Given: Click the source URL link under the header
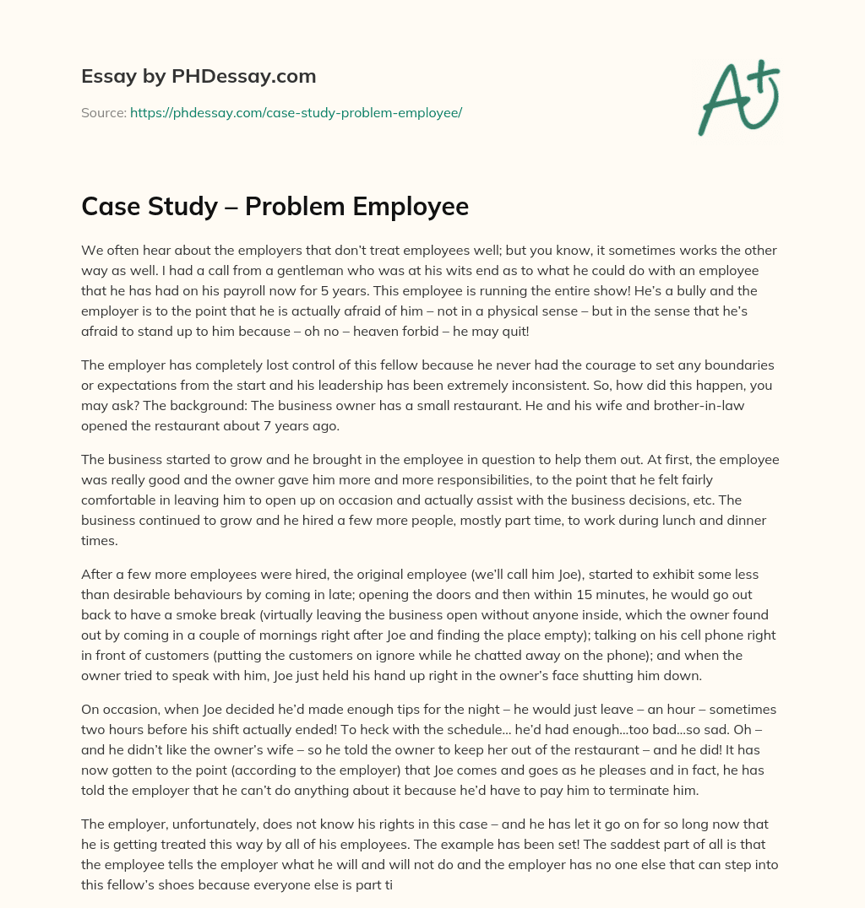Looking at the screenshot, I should pyautogui.click(x=296, y=112).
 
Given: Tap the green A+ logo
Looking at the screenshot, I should pyautogui.click(x=737, y=98).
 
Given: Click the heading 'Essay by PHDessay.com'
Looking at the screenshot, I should pyautogui.click(x=199, y=77).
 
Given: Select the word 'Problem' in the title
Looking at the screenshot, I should pyautogui.click(x=289, y=207).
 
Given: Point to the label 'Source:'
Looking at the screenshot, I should pyautogui.click(x=103, y=112).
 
